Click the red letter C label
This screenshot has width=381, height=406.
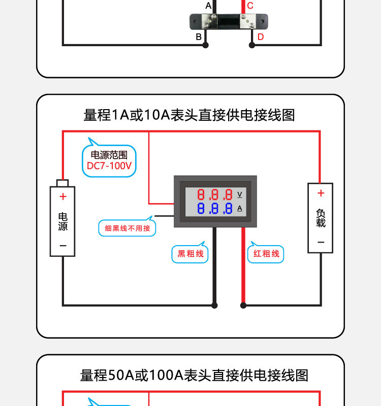point(250,6)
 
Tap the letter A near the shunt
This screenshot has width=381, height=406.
point(208,6)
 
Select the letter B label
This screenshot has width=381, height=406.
point(199,37)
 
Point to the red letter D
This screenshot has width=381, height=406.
point(261,37)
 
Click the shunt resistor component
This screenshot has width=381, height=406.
point(229,22)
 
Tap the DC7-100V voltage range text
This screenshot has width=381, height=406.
point(109,166)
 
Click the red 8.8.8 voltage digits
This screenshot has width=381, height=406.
point(214,194)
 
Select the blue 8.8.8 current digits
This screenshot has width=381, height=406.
point(214,208)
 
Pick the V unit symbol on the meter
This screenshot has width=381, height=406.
point(240,194)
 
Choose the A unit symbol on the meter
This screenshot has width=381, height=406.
point(240,208)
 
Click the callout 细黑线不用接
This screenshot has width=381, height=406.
point(128,228)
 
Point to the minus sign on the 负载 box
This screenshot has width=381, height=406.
point(321,243)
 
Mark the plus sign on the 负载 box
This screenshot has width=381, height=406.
point(321,193)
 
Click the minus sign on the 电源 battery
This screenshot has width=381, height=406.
point(63,246)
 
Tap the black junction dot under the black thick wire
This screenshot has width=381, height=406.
point(214,306)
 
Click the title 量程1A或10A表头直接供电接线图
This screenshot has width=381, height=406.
point(189,115)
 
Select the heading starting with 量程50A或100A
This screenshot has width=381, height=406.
point(194,376)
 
